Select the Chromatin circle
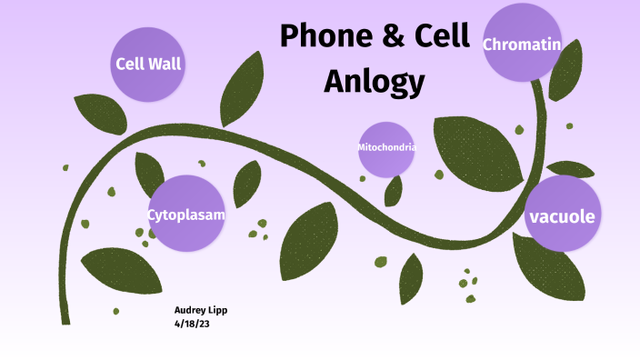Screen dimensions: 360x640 [521, 44]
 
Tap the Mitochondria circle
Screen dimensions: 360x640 [387, 148]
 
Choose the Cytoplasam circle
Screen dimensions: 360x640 [186, 215]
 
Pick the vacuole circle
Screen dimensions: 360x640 [563, 215]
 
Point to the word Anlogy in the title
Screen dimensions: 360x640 [375, 81]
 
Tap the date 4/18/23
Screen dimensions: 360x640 [192, 322]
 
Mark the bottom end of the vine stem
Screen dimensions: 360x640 [65, 320]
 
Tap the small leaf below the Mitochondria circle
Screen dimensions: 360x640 [394, 190]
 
